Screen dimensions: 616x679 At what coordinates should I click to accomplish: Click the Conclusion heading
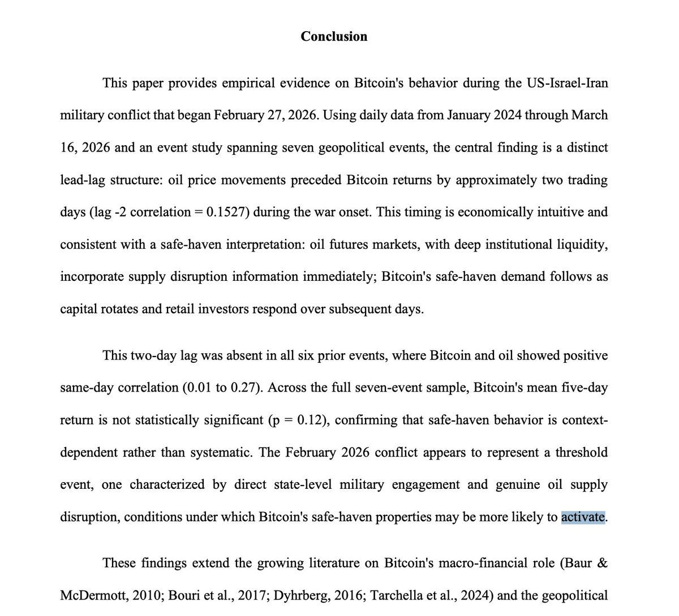click(x=334, y=37)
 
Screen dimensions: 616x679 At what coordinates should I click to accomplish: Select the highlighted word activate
click(x=583, y=517)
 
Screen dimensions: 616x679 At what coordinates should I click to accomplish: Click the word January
click(x=468, y=116)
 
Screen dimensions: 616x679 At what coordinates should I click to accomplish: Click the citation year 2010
click(x=139, y=595)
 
